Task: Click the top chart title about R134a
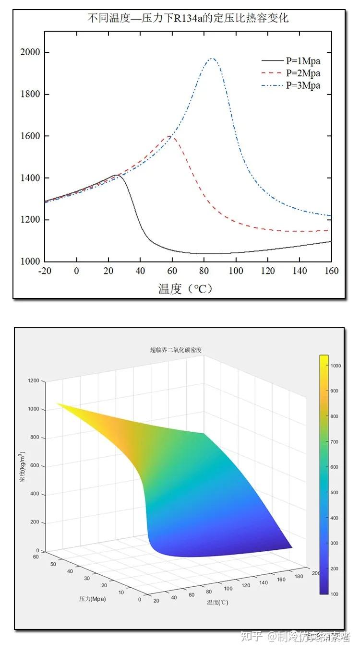[187, 19]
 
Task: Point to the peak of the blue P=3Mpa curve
[211, 59]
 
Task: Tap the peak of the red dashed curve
[169, 136]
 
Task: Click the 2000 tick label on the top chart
[30, 52]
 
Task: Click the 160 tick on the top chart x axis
[331, 271]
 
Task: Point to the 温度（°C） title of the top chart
[185, 288]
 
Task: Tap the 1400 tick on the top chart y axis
[30, 178]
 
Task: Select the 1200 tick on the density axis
[34, 381]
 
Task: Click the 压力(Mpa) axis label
[93, 599]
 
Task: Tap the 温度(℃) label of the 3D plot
[217, 602]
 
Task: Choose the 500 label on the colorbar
[335, 493]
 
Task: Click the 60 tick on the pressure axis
[36, 557]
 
